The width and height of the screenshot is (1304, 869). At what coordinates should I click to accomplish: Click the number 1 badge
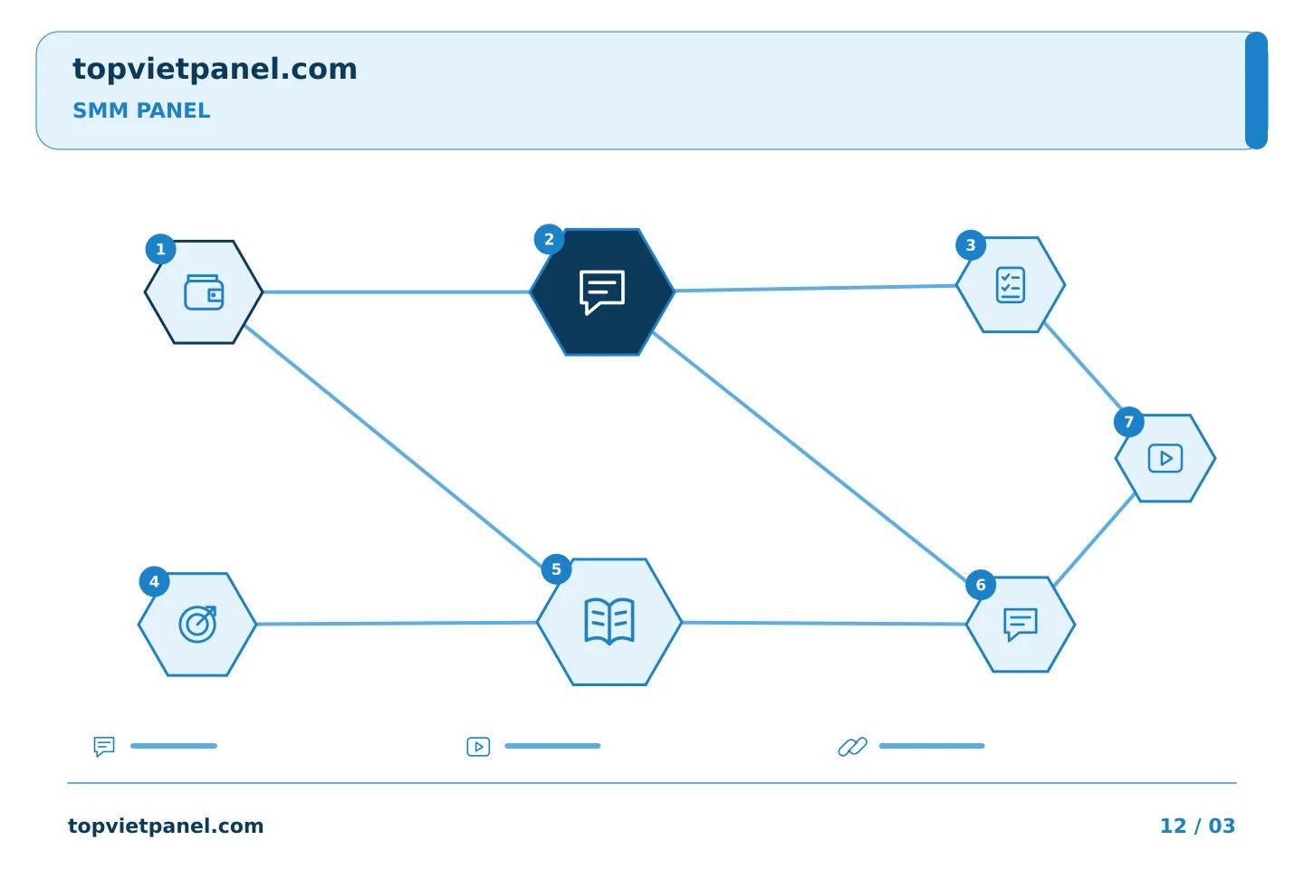click(160, 249)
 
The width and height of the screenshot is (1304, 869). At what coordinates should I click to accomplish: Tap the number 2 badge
click(549, 239)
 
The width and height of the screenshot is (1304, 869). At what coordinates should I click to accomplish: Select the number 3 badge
click(971, 245)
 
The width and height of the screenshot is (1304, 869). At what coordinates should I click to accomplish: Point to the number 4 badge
click(154, 581)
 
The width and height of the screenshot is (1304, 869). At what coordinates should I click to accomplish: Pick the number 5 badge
click(557, 568)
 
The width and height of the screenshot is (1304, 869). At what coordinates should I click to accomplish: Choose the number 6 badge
click(981, 585)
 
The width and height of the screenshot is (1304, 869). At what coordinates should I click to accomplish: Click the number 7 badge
click(1128, 422)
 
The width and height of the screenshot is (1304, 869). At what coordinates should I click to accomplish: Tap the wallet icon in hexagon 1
click(204, 292)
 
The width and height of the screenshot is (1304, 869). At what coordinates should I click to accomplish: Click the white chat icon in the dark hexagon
click(602, 292)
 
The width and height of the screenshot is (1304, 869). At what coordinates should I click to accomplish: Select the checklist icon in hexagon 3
click(1011, 284)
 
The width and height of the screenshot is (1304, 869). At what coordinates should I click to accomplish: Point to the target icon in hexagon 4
click(198, 624)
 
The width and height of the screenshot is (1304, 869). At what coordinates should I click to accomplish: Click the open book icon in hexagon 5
click(609, 621)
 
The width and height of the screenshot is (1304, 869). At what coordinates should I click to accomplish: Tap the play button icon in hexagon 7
click(1165, 458)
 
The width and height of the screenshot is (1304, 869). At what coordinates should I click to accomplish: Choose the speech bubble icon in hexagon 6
click(1021, 624)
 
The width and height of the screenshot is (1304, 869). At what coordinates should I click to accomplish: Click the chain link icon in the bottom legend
click(853, 746)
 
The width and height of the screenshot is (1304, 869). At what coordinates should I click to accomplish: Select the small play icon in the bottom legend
click(478, 746)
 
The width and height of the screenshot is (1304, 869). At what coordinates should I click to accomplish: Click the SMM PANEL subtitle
click(141, 110)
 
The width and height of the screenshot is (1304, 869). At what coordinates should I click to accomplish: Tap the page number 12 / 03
click(1197, 826)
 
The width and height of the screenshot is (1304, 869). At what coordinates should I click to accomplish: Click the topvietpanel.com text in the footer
click(166, 826)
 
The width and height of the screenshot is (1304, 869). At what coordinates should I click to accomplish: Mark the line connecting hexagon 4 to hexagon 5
click(397, 624)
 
